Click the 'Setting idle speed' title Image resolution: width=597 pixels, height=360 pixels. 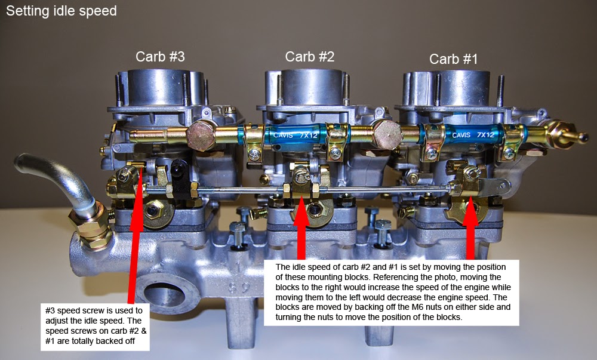point(61,11)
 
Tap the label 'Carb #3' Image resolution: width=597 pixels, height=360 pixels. point(160,57)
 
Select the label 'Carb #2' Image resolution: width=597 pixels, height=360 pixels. point(309,57)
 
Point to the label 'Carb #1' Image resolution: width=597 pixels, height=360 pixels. point(453,59)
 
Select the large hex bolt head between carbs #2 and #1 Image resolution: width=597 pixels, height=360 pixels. point(385,132)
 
